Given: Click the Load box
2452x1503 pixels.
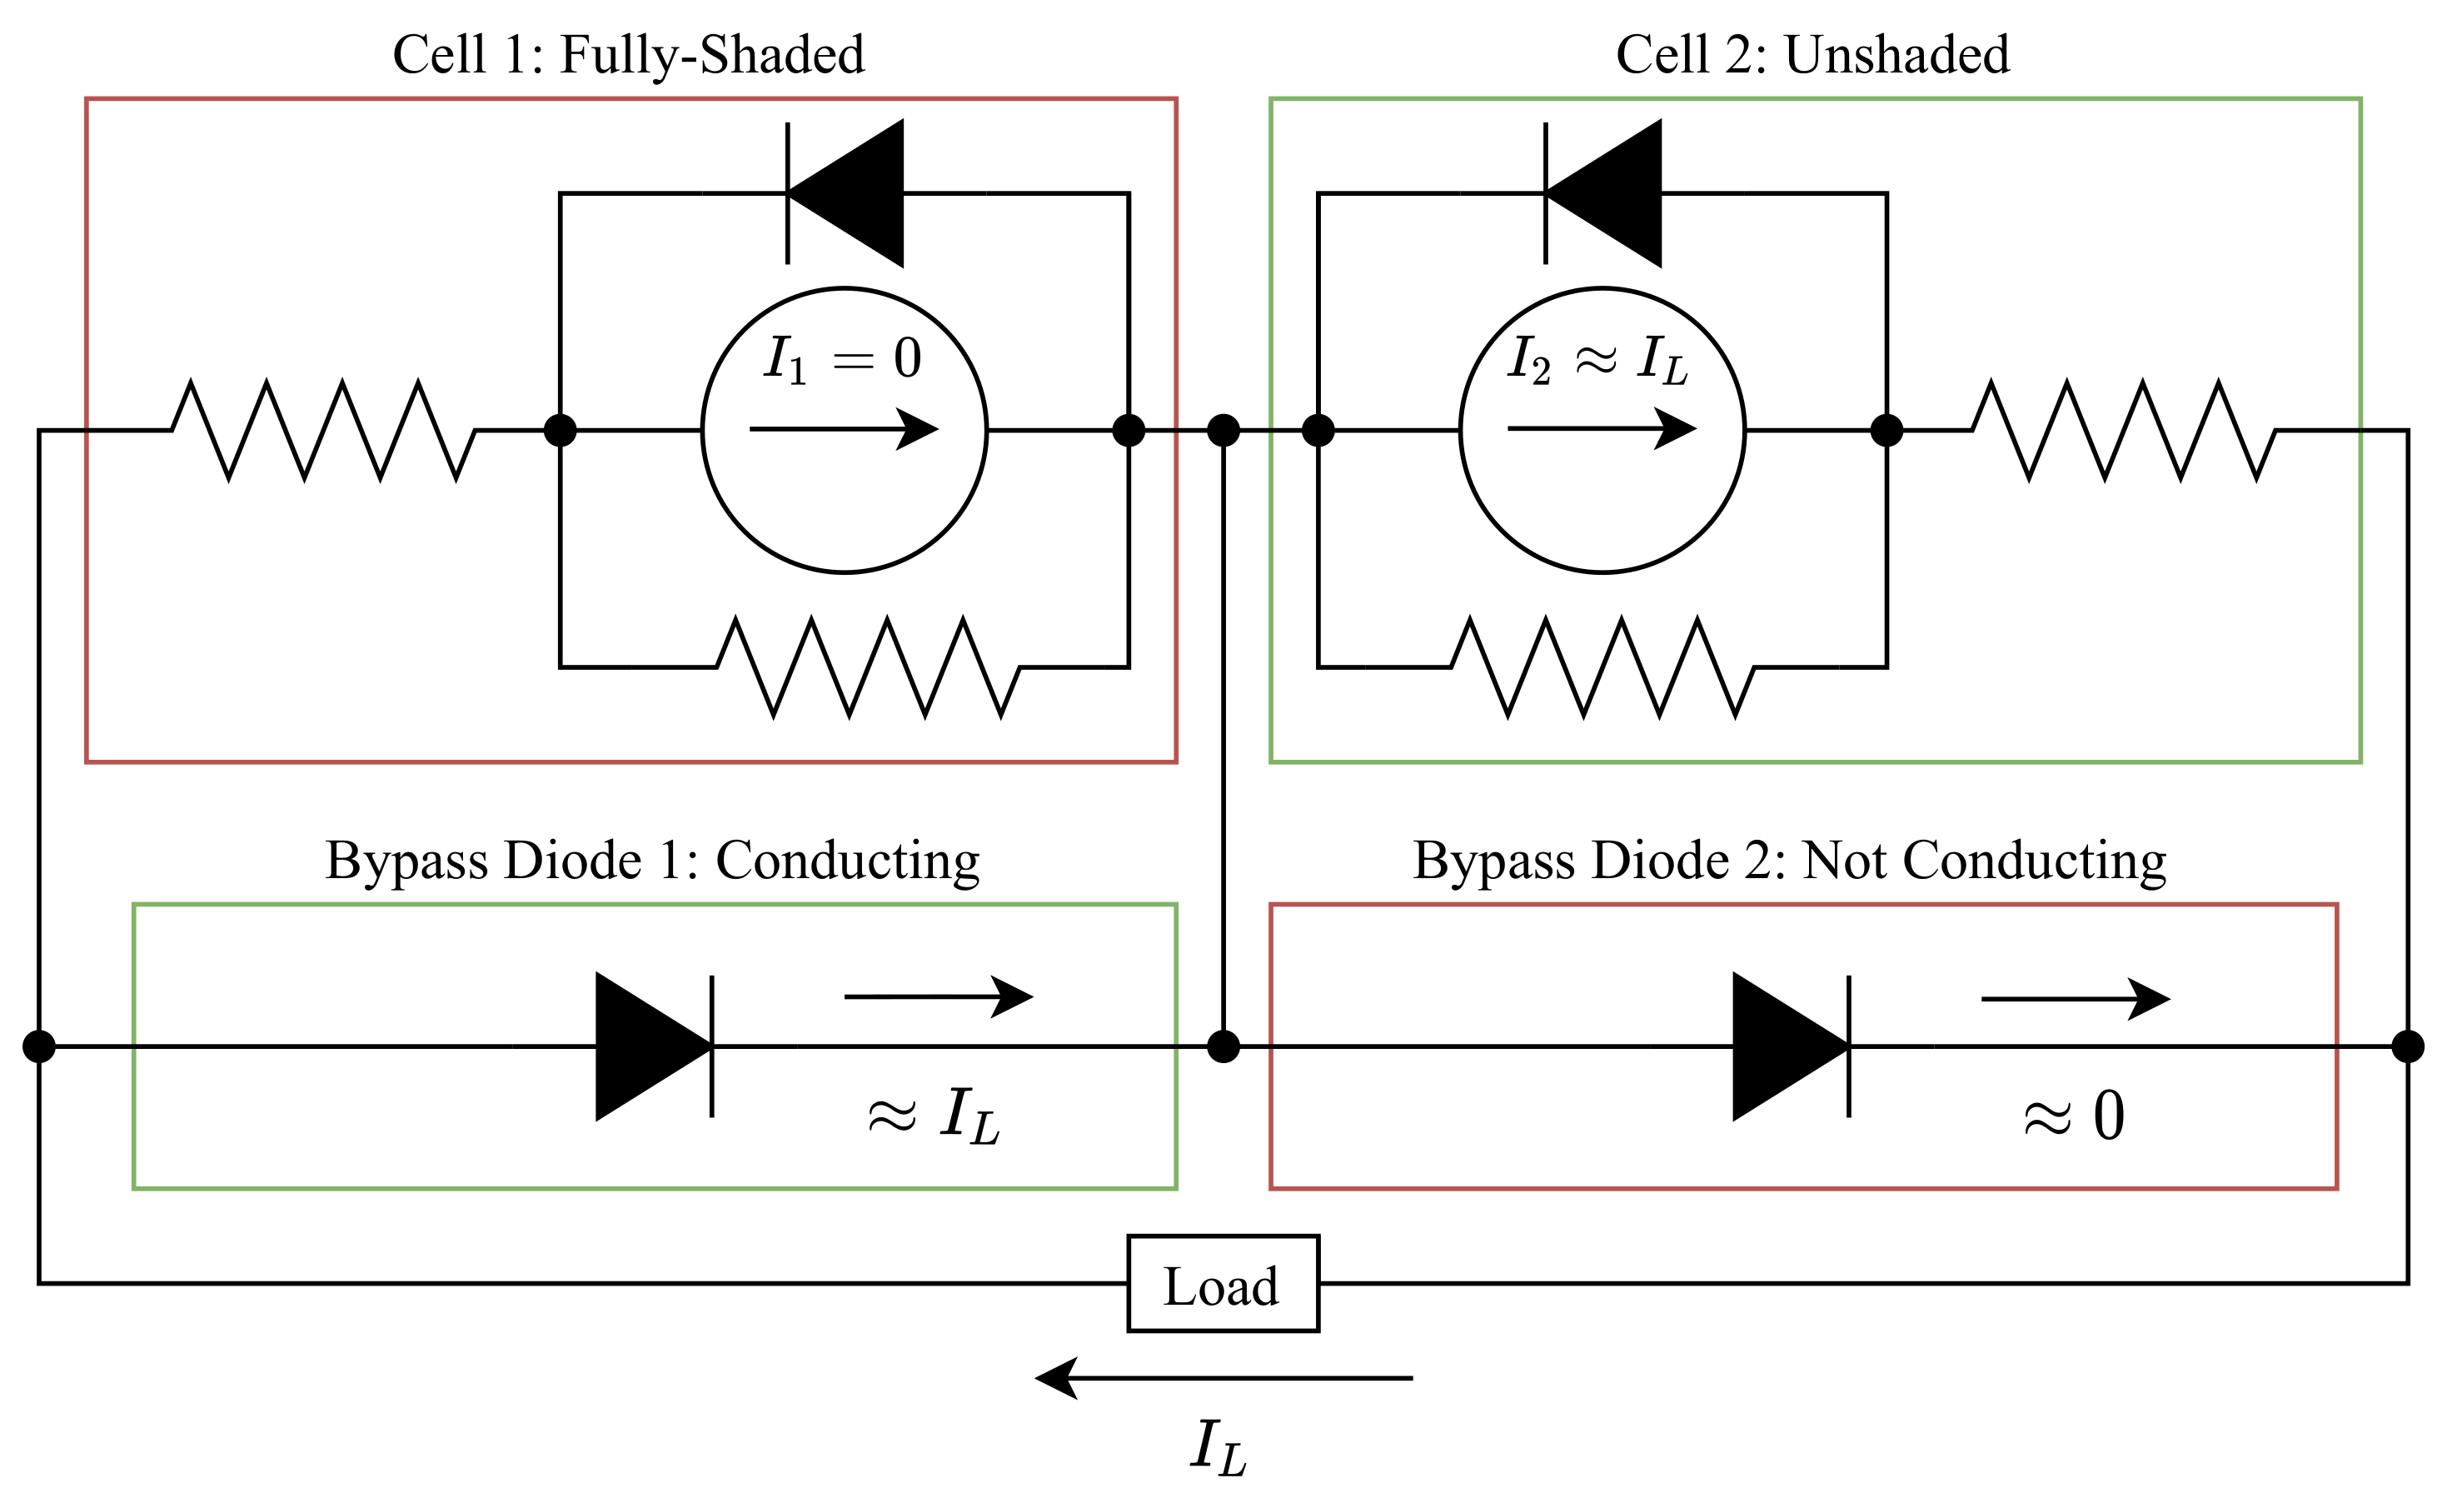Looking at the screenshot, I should click(1222, 1283).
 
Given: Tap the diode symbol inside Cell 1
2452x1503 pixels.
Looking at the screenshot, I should click(846, 193).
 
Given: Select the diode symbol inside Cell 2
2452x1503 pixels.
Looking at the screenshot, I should click(1603, 193).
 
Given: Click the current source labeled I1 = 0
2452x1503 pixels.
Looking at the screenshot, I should click(844, 430).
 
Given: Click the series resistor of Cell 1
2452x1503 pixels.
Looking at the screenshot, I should click(323, 430).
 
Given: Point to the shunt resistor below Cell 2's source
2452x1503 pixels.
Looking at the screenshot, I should click(1602, 666).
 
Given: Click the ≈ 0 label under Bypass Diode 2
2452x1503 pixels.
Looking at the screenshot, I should click(2075, 1116).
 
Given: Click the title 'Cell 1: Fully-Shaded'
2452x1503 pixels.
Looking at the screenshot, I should click(628, 54).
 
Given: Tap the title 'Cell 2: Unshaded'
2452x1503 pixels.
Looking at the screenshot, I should click(1812, 54).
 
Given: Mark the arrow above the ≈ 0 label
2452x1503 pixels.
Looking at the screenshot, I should click(2075, 998).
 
